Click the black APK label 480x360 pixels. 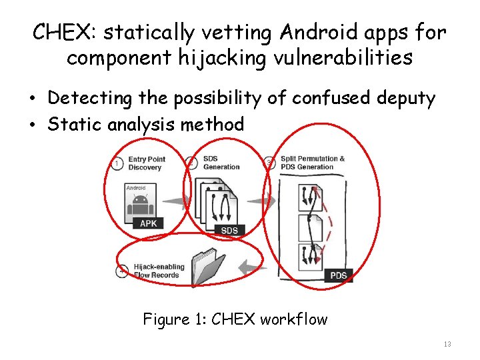click(x=148, y=223)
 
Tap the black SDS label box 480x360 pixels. click(x=229, y=230)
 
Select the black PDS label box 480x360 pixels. click(x=339, y=275)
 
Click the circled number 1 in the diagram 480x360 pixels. click(x=117, y=163)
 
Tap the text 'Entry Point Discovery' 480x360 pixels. click(x=146, y=163)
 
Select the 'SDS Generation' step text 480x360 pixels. click(x=221, y=163)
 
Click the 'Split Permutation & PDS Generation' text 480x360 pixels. click(x=312, y=163)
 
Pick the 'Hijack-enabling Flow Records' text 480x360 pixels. click(x=159, y=271)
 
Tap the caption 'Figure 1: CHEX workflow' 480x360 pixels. click(x=235, y=319)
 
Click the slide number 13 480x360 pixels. click(x=447, y=344)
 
